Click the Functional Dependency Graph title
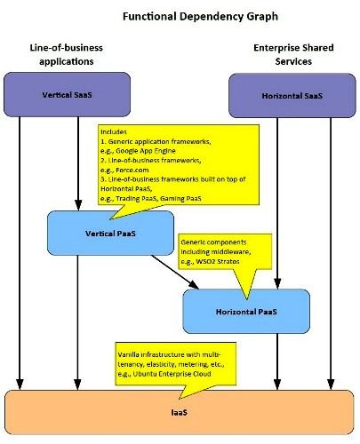pos(200,17)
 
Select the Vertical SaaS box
pos(67,94)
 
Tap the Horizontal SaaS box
pos(292,96)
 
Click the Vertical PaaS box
pos(110,234)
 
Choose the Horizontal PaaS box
pos(246,312)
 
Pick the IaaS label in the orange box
pos(180,412)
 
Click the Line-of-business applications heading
pos(67,54)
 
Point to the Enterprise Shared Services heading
pos(293,54)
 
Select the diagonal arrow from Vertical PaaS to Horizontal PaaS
pos(175,272)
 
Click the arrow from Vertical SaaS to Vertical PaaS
pos(78,163)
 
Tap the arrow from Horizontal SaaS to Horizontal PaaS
pos(277,203)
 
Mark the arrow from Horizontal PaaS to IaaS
pos(277,361)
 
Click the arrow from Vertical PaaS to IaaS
pos(77,322)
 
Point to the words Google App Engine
pos(146,151)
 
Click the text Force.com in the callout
pos(132,170)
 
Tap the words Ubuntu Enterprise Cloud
pos(172,374)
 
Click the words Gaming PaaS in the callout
pos(180,198)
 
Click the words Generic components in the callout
pos(213,242)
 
